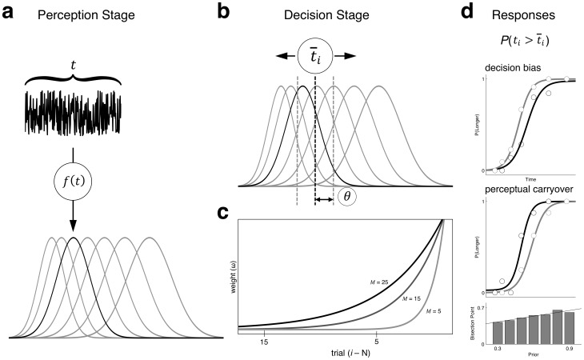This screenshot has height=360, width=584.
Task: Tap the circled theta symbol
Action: [347, 196]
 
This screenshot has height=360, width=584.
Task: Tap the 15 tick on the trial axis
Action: [262, 342]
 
